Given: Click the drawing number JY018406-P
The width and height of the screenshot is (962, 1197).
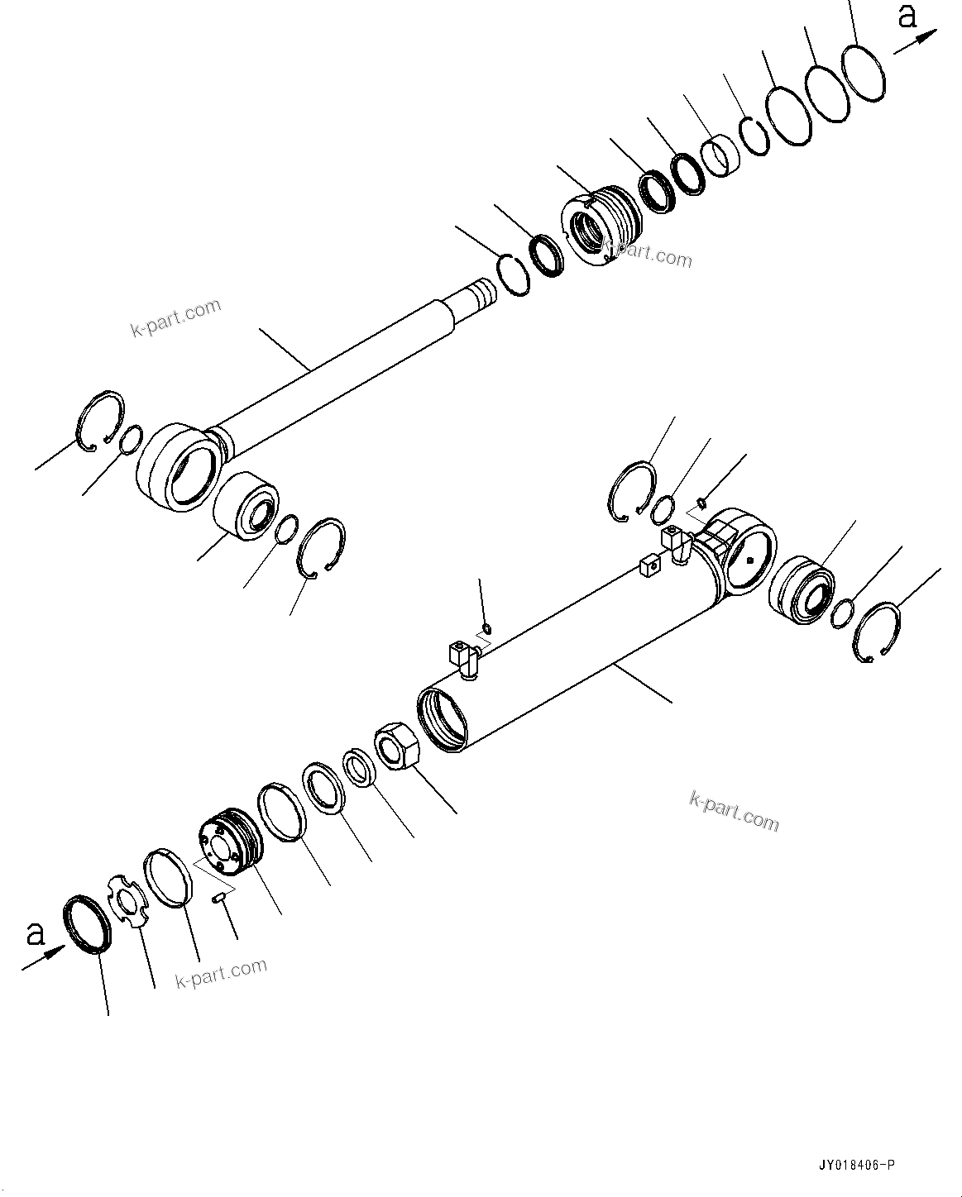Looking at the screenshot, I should click(855, 1166).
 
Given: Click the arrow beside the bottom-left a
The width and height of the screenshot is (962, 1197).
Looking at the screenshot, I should click(44, 957).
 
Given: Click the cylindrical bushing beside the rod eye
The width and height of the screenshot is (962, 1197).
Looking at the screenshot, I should click(246, 508).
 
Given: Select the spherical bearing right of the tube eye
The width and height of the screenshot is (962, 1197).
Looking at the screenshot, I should click(800, 588).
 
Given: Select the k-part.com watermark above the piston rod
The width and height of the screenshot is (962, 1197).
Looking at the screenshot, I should click(176, 317).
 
